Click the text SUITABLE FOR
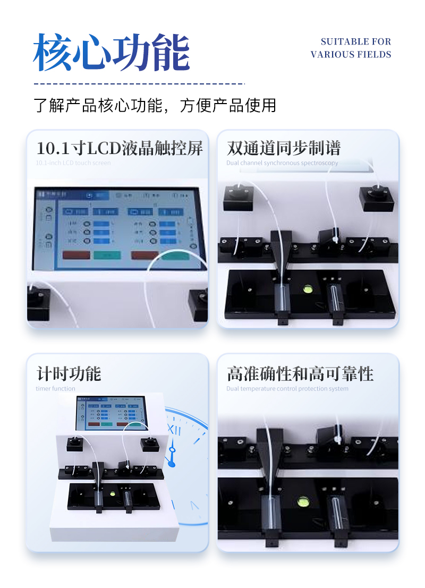(x=355, y=41)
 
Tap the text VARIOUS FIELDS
(x=351, y=54)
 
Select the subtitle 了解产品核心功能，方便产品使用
(x=155, y=105)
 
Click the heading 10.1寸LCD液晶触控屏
(x=120, y=148)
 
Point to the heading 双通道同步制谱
(x=284, y=148)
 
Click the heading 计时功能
(x=69, y=373)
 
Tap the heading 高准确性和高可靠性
(x=300, y=373)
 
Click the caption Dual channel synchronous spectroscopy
(x=282, y=163)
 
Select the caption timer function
(x=55, y=389)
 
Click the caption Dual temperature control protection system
(x=287, y=389)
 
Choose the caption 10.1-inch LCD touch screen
(x=73, y=163)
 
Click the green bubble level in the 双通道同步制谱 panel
(x=307, y=289)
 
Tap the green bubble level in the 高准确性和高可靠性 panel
(x=303, y=501)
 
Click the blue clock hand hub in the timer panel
(x=172, y=465)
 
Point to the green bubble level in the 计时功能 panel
(x=113, y=493)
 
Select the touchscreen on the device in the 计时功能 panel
(x=110, y=413)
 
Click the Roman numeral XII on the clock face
(x=174, y=429)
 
